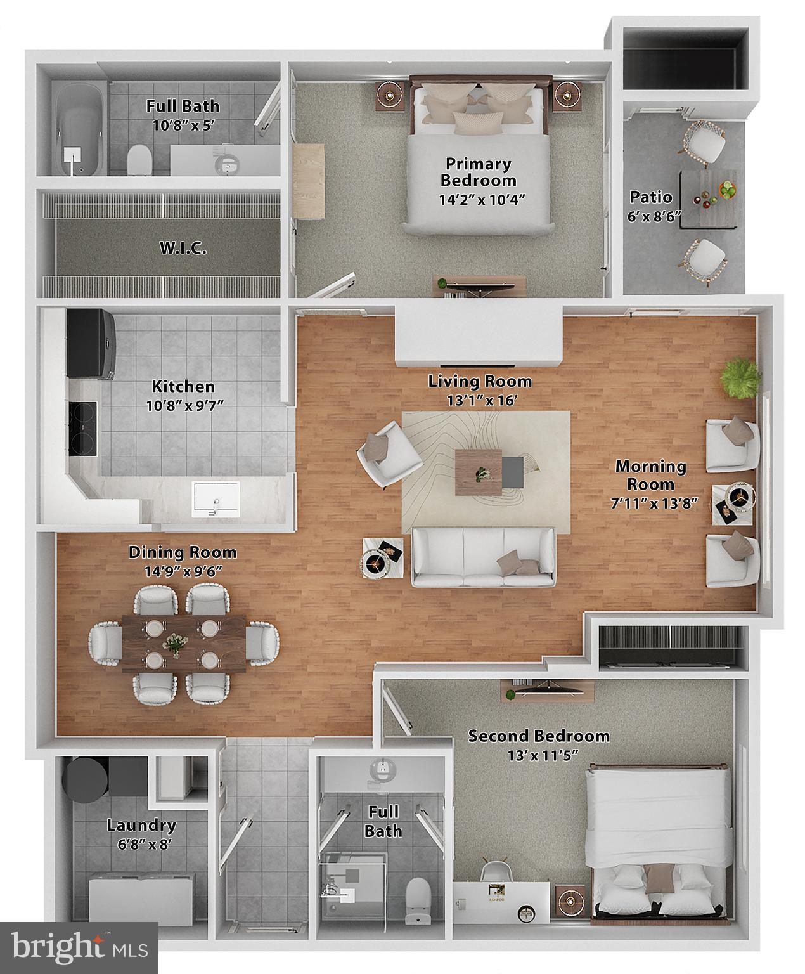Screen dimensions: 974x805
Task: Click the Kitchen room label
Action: [183, 386]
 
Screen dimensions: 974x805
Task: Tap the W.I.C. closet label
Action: [183, 248]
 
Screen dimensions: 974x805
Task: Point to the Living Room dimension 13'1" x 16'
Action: [480, 400]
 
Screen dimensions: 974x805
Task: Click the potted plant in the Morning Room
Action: [739, 377]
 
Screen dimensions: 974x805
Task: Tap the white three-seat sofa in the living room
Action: [483, 556]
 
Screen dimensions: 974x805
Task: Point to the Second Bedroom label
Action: [539, 736]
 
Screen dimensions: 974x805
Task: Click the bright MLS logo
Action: [79, 947]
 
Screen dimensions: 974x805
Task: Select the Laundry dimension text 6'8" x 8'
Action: [141, 845]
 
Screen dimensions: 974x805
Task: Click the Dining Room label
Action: [183, 552]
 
